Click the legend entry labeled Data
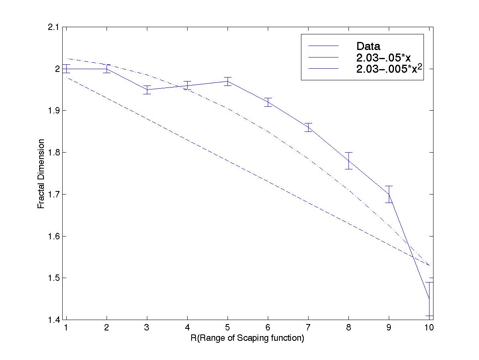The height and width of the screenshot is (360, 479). [368, 46]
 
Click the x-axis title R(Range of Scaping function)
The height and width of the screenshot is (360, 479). [247, 338]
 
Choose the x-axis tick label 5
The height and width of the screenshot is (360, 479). [228, 328]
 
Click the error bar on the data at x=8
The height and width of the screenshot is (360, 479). [348, 161]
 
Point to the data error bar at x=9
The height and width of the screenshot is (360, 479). [389, 194]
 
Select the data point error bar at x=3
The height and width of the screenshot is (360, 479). [147, 90]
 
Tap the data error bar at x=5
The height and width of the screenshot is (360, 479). [228, 81]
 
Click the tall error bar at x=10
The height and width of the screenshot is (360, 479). [430, 299]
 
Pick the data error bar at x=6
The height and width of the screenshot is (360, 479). [268, 102]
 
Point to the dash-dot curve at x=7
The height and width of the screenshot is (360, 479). [308, 159]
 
